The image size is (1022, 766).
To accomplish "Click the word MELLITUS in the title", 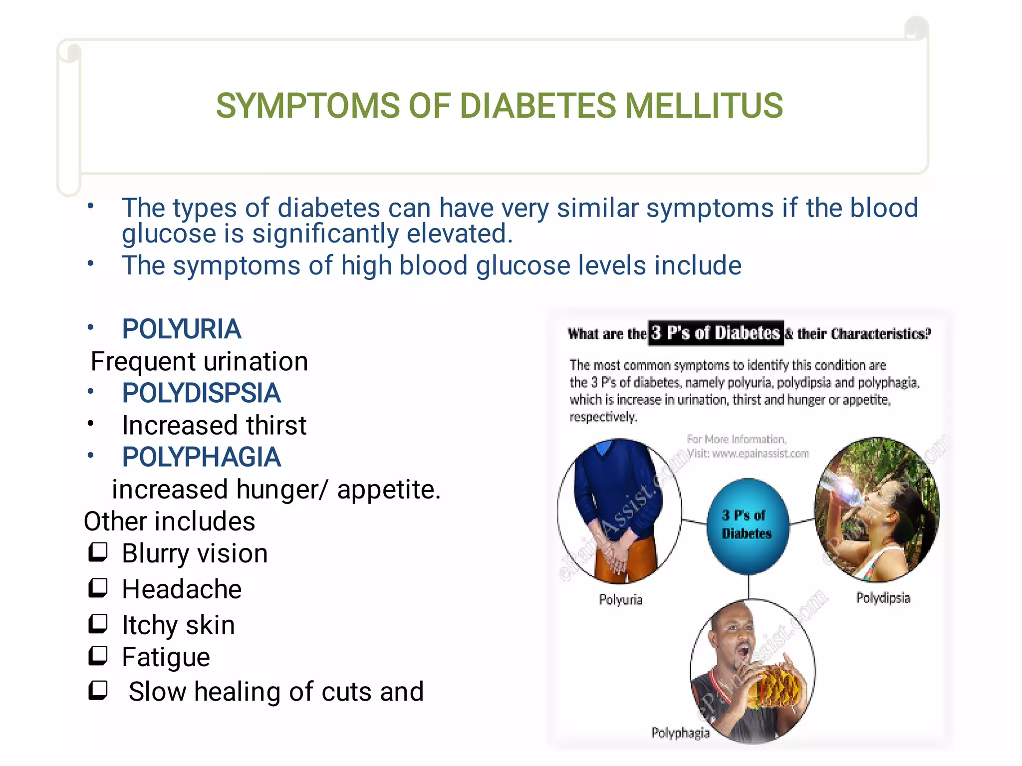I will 704,106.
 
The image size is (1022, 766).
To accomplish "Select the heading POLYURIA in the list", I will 182,329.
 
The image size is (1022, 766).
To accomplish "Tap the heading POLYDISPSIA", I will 201,393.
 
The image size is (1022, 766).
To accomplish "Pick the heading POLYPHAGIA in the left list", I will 201,457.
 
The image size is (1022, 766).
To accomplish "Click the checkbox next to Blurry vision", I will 98,552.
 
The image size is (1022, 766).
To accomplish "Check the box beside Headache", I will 98,588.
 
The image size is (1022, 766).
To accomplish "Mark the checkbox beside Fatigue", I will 98,656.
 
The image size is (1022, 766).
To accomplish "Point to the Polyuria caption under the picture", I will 620,599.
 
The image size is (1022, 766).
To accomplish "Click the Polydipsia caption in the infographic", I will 883,598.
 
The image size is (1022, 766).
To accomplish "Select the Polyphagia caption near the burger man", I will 680,733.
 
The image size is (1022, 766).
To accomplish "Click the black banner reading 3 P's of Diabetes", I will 716,333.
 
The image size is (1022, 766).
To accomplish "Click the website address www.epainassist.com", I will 760,454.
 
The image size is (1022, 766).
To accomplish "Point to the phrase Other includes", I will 169,521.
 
